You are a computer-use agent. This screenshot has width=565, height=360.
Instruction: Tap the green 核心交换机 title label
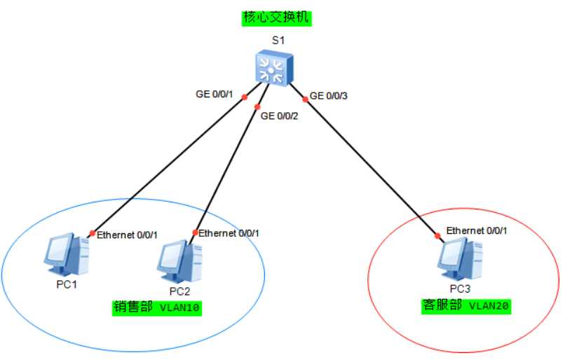[x=276, y=18]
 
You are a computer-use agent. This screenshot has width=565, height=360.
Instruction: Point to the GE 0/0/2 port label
[x=280, y=116]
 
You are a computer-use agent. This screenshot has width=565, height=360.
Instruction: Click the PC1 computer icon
[x=67, y=254]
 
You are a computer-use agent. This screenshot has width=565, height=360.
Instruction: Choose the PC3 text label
[x=460, y=289]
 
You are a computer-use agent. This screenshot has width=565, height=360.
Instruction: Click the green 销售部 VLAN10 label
[x=157, y=307]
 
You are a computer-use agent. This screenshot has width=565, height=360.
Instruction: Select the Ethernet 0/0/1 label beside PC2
[x=229, y=233]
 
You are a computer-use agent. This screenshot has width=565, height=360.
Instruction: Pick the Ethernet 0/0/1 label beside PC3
[x=477, y=230]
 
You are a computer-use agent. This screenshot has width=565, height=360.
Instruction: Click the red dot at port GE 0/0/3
[x=306, y=99]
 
